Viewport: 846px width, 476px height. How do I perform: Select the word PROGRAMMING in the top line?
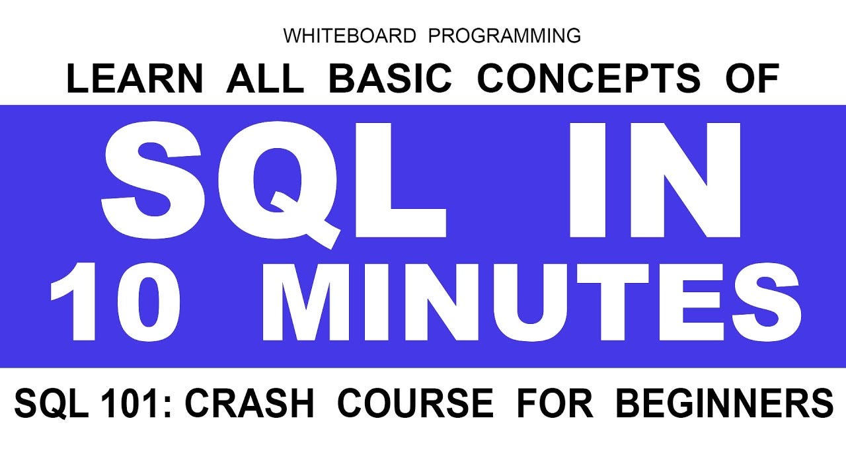click(x=504, y=36)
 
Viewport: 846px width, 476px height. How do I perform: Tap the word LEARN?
click(x=134, y=79)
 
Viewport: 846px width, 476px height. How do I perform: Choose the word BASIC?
click(x=390, y=79)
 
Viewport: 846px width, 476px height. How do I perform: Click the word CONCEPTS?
click(x=588, y=79)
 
